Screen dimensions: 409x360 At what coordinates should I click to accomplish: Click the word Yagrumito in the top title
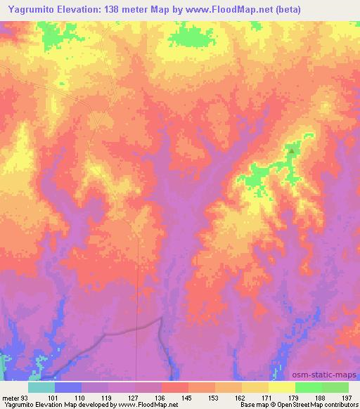[x=30, y=8]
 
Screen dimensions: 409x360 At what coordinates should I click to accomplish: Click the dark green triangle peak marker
[x=291, y=148]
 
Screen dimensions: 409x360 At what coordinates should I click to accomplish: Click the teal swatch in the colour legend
[x=41, y=387]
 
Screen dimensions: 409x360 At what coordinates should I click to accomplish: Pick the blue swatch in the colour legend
[x=68, y=387]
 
